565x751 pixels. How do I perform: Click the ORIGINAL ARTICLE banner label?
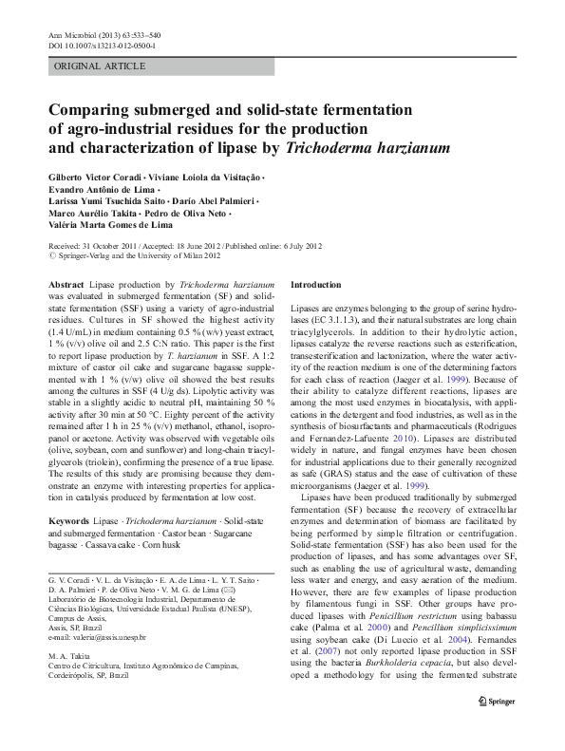[x=100, y=66]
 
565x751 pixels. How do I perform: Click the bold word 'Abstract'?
[x=66, y=285]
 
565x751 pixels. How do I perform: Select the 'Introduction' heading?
[x=315, y=285]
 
